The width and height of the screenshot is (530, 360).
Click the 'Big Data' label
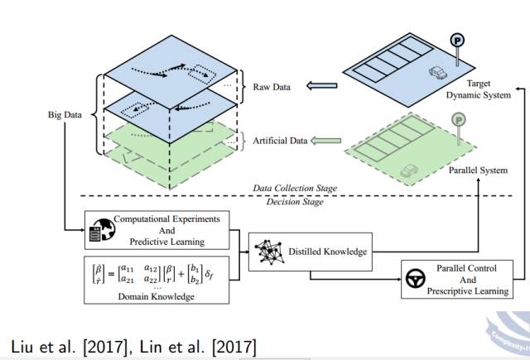(65, 115)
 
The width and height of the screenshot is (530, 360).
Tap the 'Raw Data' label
(269, 85)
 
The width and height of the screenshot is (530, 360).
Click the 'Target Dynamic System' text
(479, 89)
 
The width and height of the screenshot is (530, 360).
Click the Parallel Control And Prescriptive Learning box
(455, 278)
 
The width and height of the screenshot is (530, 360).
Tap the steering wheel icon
(417, 278)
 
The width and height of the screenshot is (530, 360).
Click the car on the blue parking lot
(437, 74)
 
